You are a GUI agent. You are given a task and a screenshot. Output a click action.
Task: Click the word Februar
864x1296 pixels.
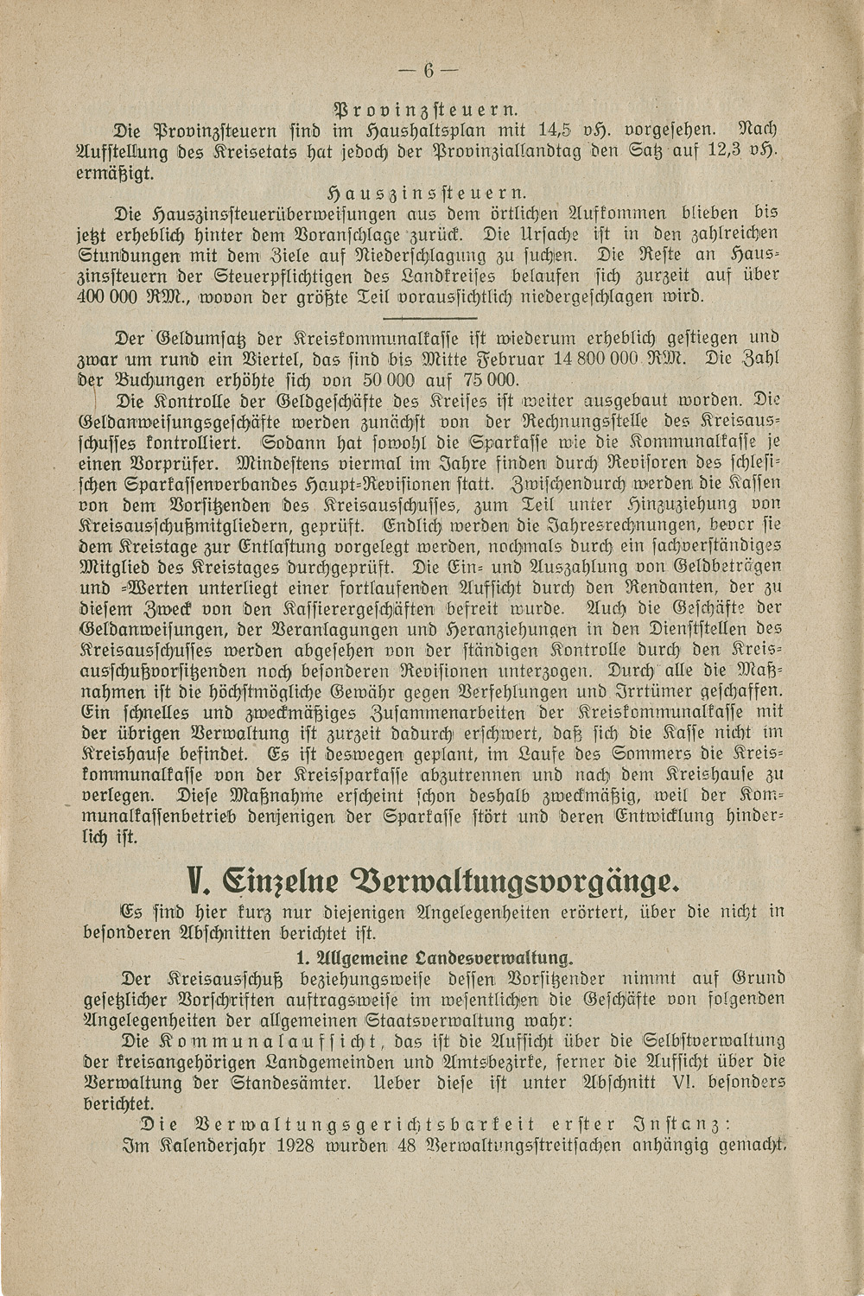(498, 359)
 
